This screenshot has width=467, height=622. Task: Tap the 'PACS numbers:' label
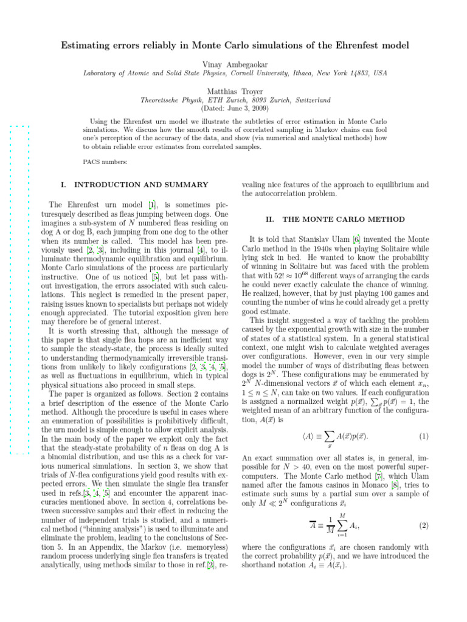[x=105, y=162]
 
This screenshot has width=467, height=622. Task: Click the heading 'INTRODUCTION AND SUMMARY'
[x=140, y=184]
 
